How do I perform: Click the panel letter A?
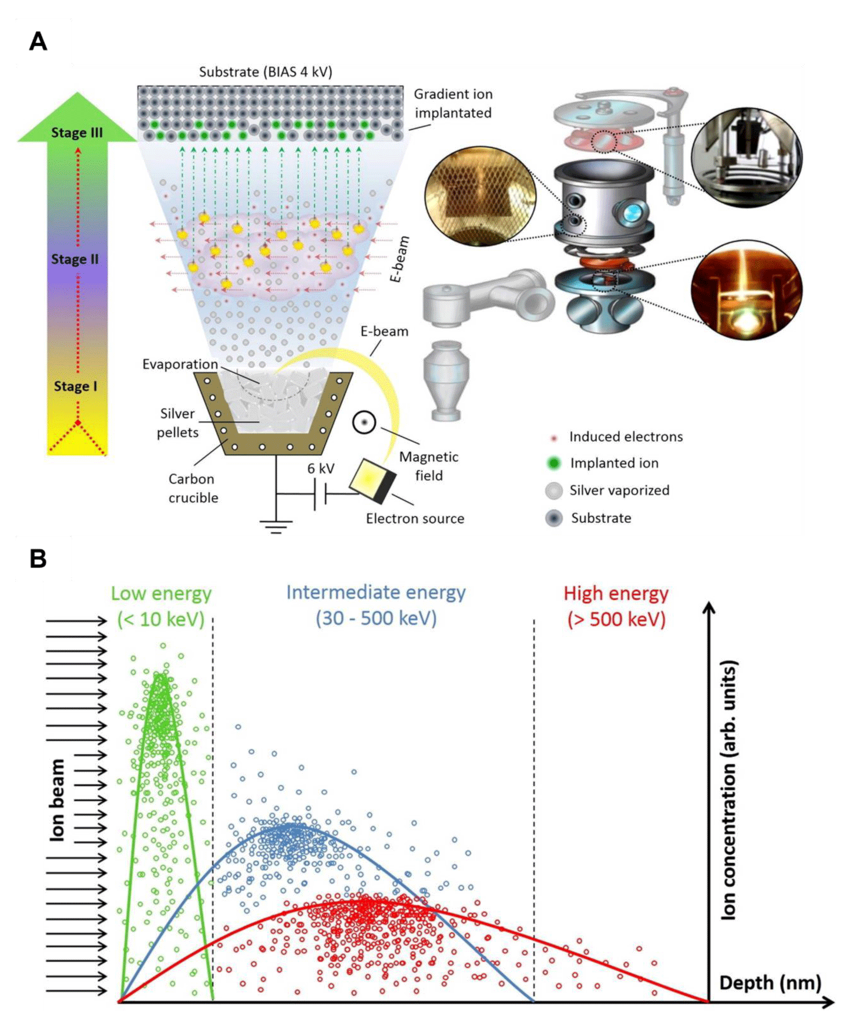click(38, 42)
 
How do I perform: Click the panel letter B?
click(38, 558)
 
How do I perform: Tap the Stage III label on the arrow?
click(77, 133)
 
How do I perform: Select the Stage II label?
click(75, 259)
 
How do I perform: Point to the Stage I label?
click(76, 386)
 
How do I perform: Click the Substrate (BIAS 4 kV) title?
click(266, 72)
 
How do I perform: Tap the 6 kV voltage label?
click(321, 468)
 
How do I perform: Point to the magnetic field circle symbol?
click(364, 422)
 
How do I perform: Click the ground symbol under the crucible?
click(276, 526)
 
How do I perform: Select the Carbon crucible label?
click(193, 488)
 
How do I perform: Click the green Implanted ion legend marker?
click(553, 463)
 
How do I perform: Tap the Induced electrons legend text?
click(626, 436)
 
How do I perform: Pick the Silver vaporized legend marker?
click(554, 490)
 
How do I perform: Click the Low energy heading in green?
click(161, 594)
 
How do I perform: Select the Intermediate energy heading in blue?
click(376, 593)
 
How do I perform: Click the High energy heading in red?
click(616, 594)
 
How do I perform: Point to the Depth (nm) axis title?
click(770, 982)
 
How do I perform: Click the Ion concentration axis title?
click(728, 790)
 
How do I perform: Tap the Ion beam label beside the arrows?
click(58, 799)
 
